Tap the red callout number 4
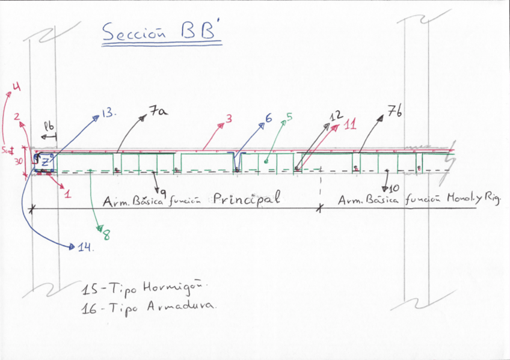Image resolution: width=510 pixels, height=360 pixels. click(x=16, y=87)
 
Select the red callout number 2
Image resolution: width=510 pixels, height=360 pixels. click(x=18, y=117)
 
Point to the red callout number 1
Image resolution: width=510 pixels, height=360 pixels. click(x=67, y=194)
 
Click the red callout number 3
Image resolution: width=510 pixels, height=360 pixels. click(x=229, y=119)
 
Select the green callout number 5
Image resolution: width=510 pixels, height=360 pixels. click(x=289, y=117)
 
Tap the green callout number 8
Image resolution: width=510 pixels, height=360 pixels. click(x=106, y=236)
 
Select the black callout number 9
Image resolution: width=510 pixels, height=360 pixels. click(x=163, y=191)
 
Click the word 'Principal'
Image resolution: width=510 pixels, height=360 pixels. click(x=247, y=200)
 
